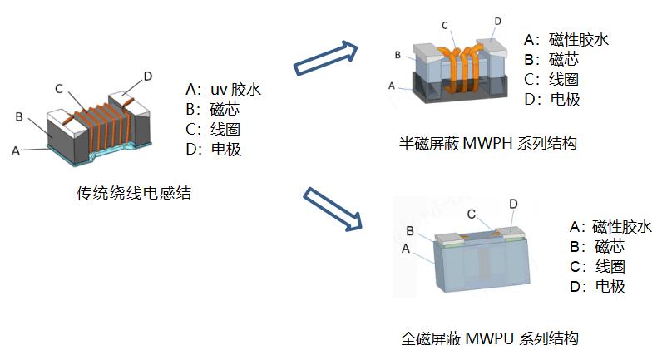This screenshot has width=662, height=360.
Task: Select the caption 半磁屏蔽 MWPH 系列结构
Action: (487, 144)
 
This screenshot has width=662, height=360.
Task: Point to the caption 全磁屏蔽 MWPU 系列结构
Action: (489, 338)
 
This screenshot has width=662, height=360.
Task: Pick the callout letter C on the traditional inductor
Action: (59, 88)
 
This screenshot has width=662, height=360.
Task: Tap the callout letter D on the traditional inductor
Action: (147, 76)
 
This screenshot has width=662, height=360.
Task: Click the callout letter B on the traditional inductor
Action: (18, 116)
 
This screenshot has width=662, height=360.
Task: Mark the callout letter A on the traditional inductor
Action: (14, 150)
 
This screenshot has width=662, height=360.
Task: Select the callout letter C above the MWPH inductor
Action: (446, 26)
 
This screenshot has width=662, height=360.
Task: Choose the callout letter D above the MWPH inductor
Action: (497, 21)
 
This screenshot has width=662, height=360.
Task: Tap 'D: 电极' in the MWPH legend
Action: (552, 100)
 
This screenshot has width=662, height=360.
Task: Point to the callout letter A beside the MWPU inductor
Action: (405, 248)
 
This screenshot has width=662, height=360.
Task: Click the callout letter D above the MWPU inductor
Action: (513, 204)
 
